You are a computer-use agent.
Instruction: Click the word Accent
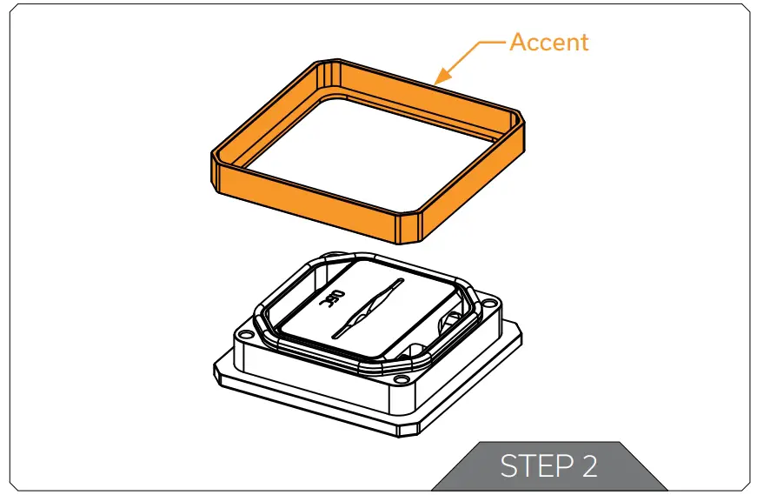[x=548, y=42]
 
